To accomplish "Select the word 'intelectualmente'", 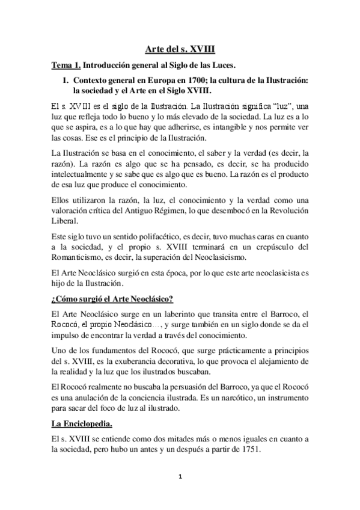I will coord(82,174).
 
